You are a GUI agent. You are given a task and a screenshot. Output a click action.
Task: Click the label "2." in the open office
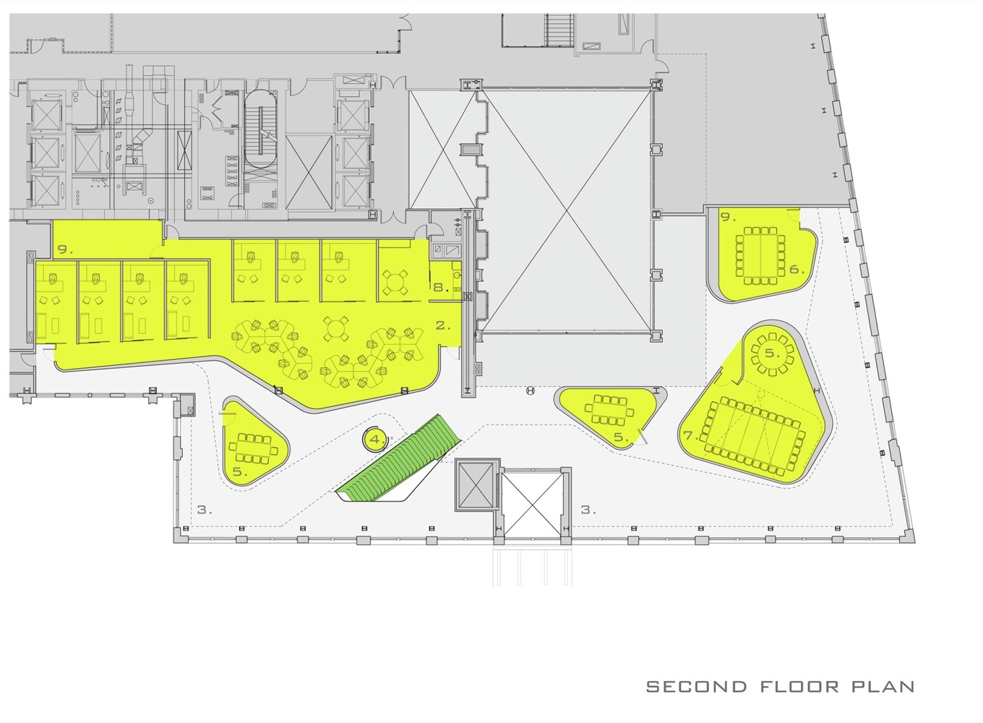click(x=443, y=325)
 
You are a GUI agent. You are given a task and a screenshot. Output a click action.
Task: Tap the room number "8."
click(x=441, y=288)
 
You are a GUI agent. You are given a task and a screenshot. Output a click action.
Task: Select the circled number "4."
click(x=377, y=439)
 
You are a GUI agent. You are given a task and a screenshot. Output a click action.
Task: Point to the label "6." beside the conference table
click(x=797, y=269)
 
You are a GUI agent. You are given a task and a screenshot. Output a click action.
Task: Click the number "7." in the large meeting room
click(x=691, y=435)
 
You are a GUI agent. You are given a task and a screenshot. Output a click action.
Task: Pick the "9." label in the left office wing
click(x=65, y=249)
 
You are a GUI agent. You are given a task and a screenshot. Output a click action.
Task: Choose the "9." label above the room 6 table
click(x=729, y=217)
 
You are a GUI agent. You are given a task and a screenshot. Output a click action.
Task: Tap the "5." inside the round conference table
click(x=772, y=353)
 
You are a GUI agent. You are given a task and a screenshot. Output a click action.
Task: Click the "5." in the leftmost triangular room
click(x=240, y=472)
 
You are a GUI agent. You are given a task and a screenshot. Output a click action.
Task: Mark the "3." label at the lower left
click(x=205, y=510)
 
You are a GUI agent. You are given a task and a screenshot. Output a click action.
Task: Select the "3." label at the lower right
click(x=588, y=510)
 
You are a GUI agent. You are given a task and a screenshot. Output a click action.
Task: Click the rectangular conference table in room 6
click(x=760, y=256)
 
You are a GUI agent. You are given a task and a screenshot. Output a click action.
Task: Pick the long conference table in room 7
click(x=752, y=437)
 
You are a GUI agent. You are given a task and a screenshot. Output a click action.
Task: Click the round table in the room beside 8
click(x=395, y=281)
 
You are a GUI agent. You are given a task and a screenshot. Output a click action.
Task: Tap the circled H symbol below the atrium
click(x=531, y=390)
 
